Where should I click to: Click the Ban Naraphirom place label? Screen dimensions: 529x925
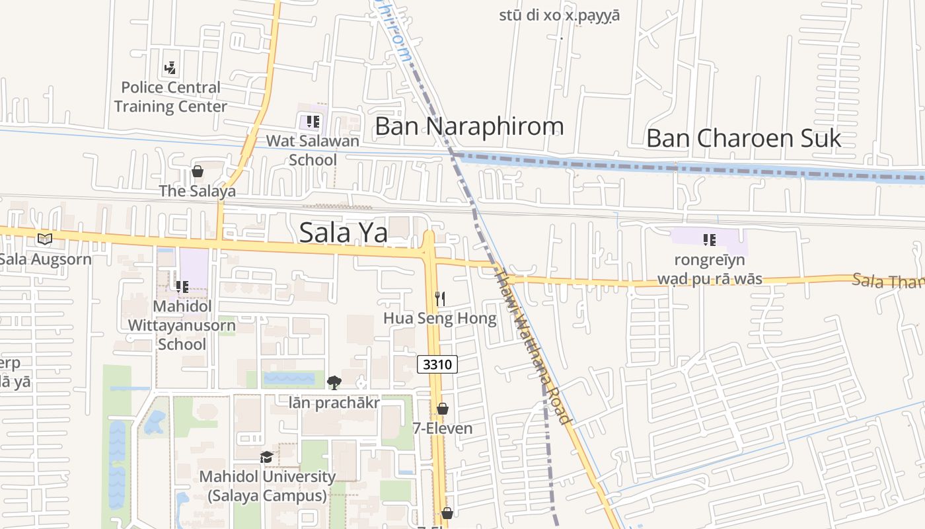point(469,126)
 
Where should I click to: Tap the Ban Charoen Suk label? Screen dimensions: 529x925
point(743,138)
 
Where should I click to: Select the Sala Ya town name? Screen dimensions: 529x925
point(344,232)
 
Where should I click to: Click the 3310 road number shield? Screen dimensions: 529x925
point(437,364)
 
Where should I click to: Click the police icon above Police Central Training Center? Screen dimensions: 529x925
point(170,67)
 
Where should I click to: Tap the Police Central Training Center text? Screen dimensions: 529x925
point(170,97)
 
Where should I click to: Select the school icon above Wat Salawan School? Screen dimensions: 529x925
point(313,122)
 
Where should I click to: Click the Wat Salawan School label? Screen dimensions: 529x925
point(313,150)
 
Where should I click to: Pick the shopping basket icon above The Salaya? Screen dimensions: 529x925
point(197,172)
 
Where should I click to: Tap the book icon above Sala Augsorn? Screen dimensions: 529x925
point(44,239)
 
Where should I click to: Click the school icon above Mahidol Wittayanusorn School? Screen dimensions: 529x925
point(182,287)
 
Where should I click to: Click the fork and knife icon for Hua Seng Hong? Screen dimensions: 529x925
point(440,299)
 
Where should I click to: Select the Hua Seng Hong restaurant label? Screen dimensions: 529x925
point(440,319)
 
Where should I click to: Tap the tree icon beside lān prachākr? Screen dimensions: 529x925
point(334,382)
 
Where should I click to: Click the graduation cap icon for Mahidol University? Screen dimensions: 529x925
point(266,457)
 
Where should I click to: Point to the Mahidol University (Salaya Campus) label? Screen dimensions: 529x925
point(268,486)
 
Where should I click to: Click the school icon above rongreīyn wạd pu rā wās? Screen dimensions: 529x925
point(710,240)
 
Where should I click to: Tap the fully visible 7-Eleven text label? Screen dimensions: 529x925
point(443,428)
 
